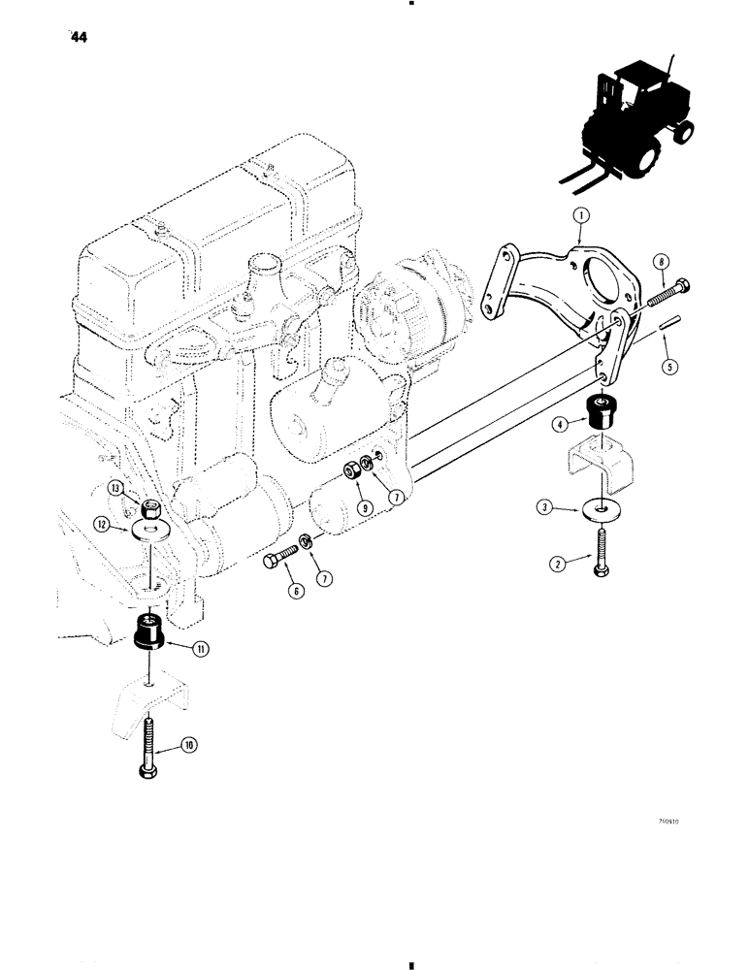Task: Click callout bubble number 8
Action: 662,260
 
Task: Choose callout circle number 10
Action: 187,745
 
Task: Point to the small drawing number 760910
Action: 669,821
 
